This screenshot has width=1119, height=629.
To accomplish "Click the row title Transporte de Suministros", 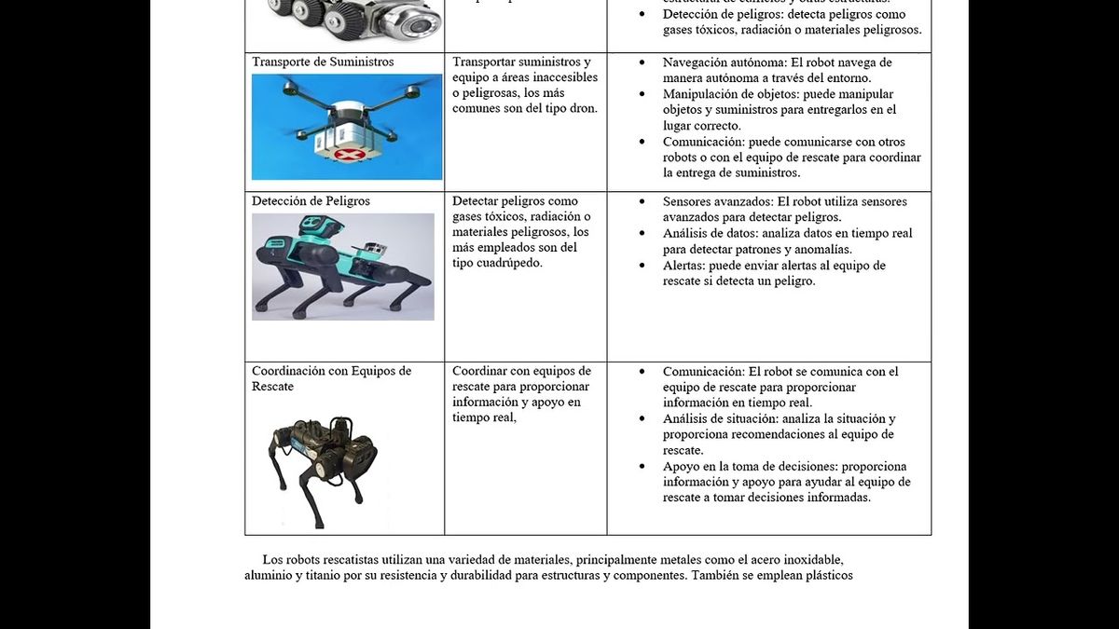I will pyautogui.click(x=323, y=62).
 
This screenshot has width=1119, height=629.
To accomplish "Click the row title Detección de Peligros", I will pyautogui.click(x=311, y=201).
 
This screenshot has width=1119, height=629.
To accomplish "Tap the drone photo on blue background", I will pyautogui.click(x=347, y=127).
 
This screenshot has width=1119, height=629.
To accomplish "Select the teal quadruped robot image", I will pyautogui.click(x=342, y=267).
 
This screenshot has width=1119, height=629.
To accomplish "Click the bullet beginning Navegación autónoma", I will pyautogui.click(x=777, y=71).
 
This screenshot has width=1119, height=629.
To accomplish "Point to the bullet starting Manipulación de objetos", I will pyautogui.click(x=779, y=110).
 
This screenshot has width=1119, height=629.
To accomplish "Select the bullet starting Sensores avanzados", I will pyautogui.click(x=783, y=210).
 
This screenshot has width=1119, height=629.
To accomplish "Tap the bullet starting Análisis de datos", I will pyautogui.click(x=786, y=241).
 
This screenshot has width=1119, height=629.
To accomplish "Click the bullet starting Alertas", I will pyautogui.click(x=774, y=273).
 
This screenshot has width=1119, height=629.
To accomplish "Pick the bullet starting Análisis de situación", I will pyautogui.click(x=779, y=434).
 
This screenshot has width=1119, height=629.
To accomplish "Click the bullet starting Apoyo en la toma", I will pyautogui.click(x=786, y=482).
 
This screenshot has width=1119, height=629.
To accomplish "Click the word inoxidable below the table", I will pyautogui.click(x=811, y=560).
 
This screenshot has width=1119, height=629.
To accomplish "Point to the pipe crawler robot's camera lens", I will pyautogui.click(x=425, y=20).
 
